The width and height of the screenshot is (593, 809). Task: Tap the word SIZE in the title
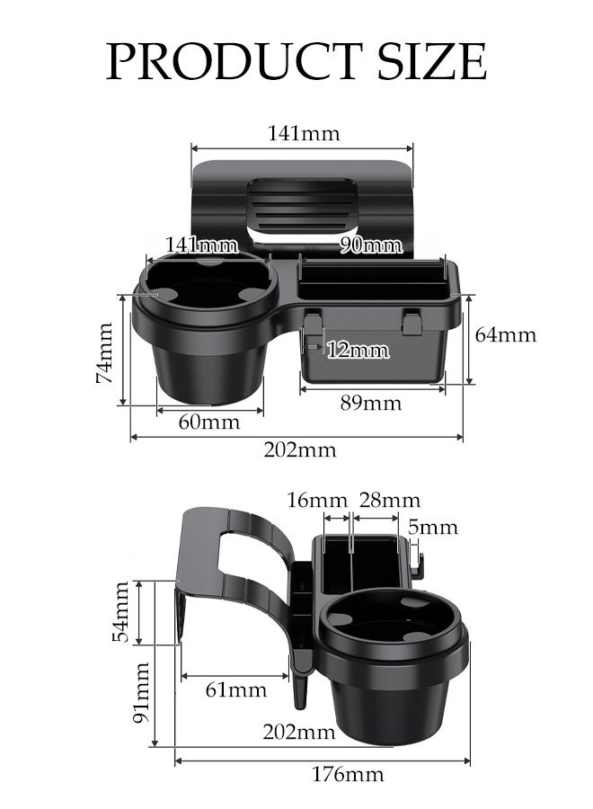pos(429,61)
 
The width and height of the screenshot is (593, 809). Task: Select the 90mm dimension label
pos(371,245)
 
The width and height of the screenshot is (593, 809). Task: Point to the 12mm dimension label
pos(358,350)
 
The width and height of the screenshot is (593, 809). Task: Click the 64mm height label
pos(505,335)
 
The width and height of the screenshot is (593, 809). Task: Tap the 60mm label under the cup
pos(209,422)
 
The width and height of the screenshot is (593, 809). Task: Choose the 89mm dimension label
pos(370,403)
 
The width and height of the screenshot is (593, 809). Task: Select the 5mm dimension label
pos(432,527)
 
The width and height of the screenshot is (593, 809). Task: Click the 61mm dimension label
pos(237,689)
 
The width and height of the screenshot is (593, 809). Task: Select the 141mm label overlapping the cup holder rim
pos(202,244)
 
